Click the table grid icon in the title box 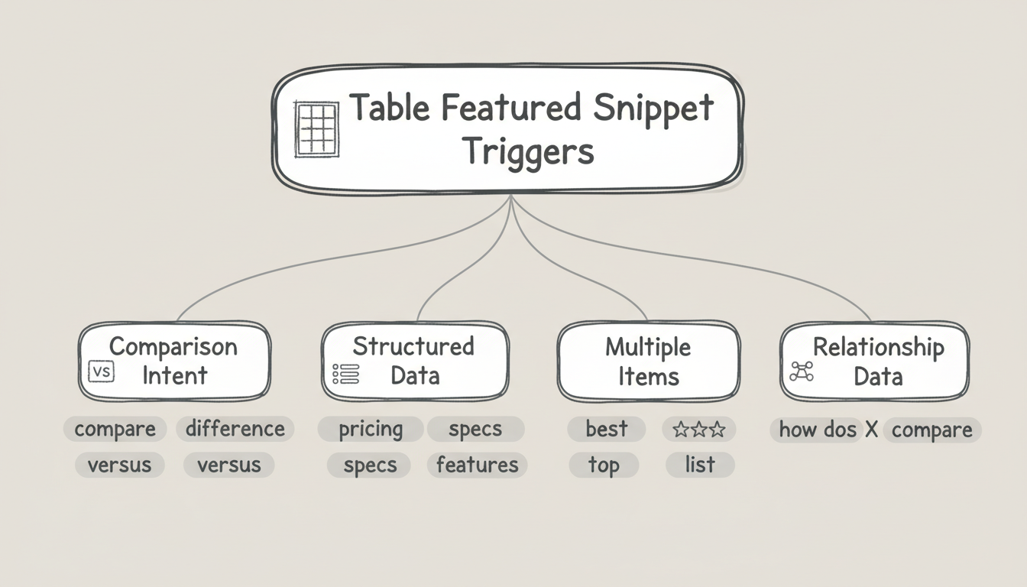pyautogui.click(x=316, y=130)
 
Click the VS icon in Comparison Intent pyautogui.click(x=101, y=372)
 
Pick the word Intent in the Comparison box pyautogui.click(x=175, y=375)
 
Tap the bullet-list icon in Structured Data pyautogui.click(x=346, y=374)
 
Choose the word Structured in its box pyautogui.click(x=413, y=346)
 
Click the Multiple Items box pyautogui.click(x=648, y=361)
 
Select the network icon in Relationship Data pyautogui.click(x=802, y=372)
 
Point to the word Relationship pyautogui.click(x=878, y=348)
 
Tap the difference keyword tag pyautogui.click(x=235, y=429)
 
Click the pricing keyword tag pyautogui.click(x=371, y=429)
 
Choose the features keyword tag pyautogui.click(x=477, y=465)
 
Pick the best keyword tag pyautogui.click(x=607, y=429)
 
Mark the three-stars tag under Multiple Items pyautogui.click(x=698, y=429)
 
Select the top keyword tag pyautogui.click(x=603, y=465)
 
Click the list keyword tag pyautogui.click(x=700, y=465)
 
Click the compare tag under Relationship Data pyautogui.click(x=931, y=430)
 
